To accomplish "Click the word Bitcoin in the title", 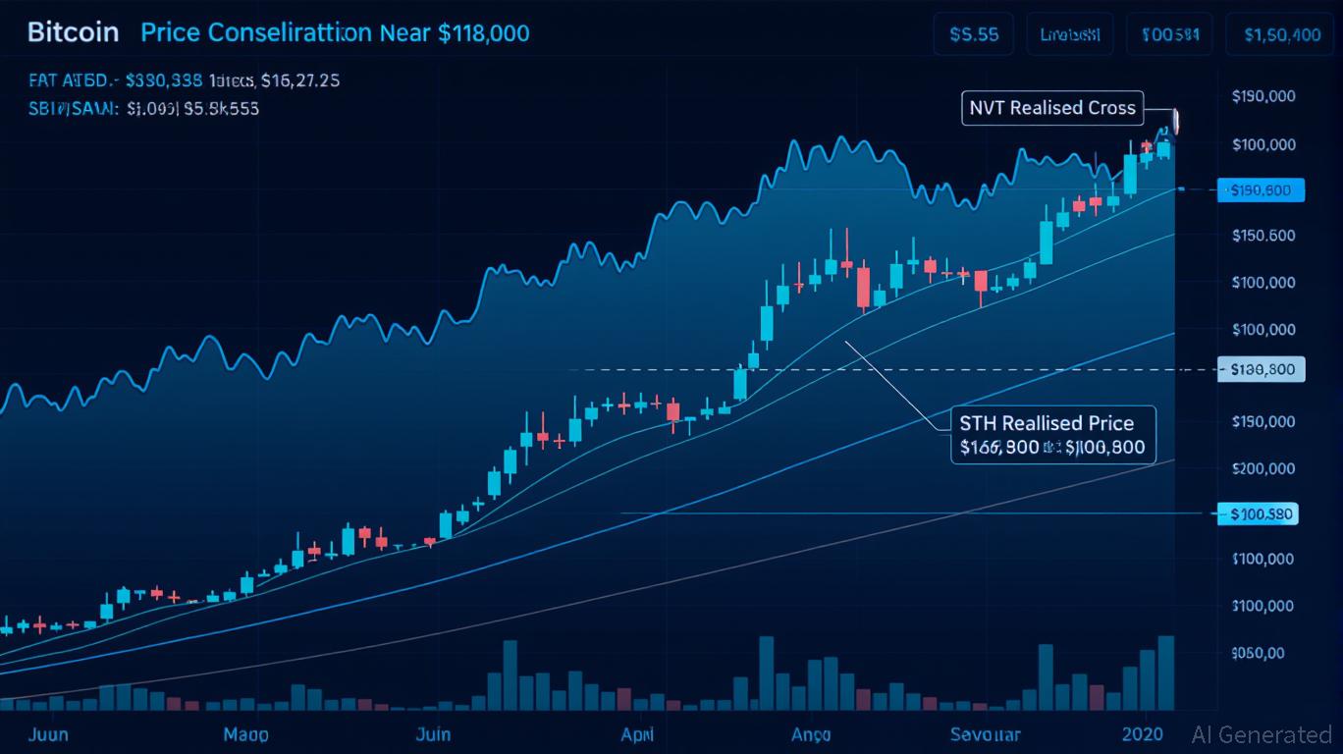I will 73,32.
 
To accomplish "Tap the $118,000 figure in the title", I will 483,33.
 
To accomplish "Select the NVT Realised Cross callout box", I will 1052,108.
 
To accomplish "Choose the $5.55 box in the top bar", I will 974,34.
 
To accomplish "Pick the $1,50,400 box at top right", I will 1281,34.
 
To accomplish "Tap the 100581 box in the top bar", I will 1170,34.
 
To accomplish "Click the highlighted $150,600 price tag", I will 1261,190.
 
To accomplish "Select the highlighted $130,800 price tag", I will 1261,370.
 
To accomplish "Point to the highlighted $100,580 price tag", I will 1258,513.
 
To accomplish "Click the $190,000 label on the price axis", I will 1262,97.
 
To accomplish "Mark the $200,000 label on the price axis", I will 1262,468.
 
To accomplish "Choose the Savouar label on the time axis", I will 985,734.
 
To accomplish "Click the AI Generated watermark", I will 1262,734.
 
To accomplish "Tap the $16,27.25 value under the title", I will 300,81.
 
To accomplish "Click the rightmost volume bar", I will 1165,673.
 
